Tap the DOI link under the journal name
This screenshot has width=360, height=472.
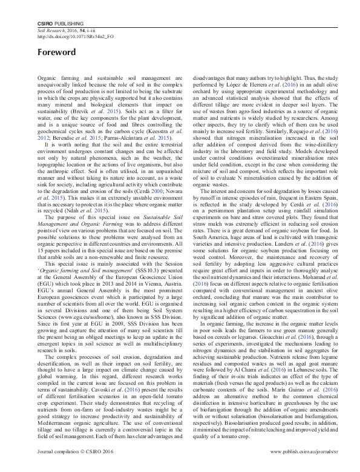click(x=76, y=36)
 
